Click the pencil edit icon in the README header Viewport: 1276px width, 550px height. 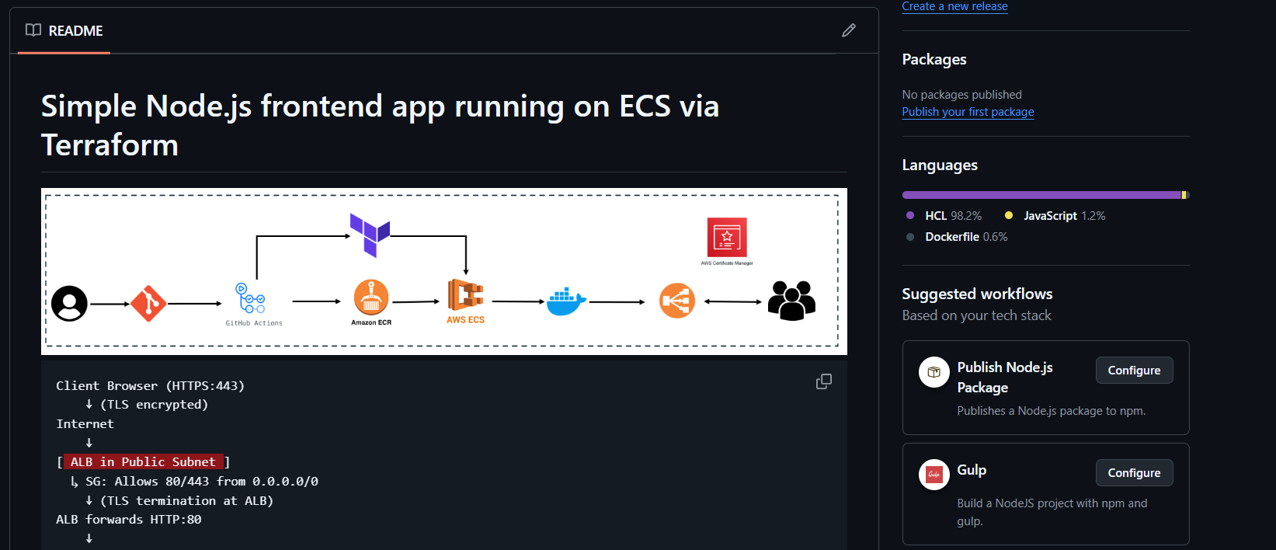[x=848, y=30]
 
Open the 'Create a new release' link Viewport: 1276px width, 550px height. [x=954, y=6]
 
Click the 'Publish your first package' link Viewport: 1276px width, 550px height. [x=968, y=112]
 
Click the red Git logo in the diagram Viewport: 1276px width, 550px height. [x=148, y=303]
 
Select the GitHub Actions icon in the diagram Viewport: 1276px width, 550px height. [x=251, y=299]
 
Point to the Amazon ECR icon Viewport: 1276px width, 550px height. [x=371, y=298]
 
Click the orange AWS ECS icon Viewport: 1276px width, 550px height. [x=465, y=296]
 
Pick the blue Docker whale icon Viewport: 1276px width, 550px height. [x=565, y=301]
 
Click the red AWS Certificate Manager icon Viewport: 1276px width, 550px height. [x=727, y=237]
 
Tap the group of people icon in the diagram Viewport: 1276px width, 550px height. [x=791, y=301]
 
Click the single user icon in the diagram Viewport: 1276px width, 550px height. [x=69, y=303]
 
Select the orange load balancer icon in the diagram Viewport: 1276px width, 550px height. [x=676, y=301]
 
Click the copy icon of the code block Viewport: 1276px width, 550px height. [x=824, y=381]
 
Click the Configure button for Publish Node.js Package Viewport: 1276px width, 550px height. [x=1134, y=371]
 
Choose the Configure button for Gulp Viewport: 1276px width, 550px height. [x=1134, y=473]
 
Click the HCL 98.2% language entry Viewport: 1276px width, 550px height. [x=952, y=216]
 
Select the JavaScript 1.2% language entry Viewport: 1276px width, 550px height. [x=1063, y=216]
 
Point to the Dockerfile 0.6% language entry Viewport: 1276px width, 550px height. [x=965, y=237]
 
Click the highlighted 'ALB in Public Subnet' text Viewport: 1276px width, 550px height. [x=143, y=462]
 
